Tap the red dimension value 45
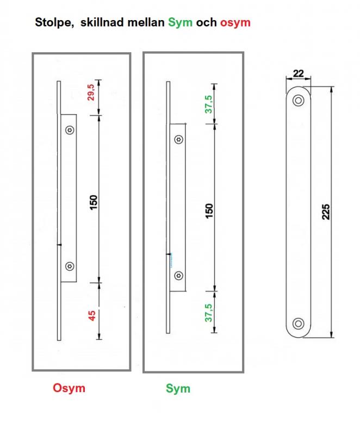tap(92, 315)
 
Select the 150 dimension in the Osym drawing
tap(94, 202)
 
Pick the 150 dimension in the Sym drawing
tap(209, 210)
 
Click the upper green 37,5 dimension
tap(209, 104)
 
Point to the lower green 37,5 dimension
tap(209, 313)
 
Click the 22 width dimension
tap(298, 73)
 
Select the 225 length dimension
tap(326, 212)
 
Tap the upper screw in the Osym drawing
tap(70, 130)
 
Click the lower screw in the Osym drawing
tap(70, 266)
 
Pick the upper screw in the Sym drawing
tap(178, 139)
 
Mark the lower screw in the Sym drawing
tap(178, 276)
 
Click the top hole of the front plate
tap(299, 100)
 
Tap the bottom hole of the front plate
tap(299, 324)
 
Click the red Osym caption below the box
tap(69, 388)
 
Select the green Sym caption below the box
tap(178, 388)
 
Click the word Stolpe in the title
tap(54, 22)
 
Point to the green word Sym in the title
tap(181, 22)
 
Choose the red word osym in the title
tap(235, 23)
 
